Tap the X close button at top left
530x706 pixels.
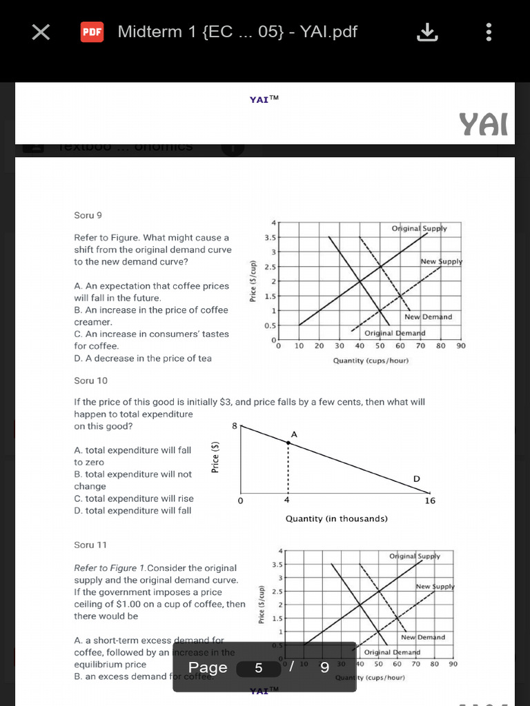click(x=41, y=32)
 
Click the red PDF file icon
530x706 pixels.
click(x=92, y=32)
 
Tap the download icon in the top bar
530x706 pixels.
click(x=428, y=32)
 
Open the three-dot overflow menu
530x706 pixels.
click(x=489, y=32)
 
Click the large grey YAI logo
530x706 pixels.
click(x=484, y=124)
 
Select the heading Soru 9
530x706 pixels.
click(x=88, y=215)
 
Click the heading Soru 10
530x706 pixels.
click(x=90, y=381)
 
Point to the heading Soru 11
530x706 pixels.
click(x=90, y=545)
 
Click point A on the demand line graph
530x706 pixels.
click(x=288, y=442)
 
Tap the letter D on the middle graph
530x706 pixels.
click(x=416, y=478)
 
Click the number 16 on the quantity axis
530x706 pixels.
click(x=430, y=501)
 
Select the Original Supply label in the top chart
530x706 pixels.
click(x=419, y=228)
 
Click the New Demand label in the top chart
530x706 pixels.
click(x=428, y=317)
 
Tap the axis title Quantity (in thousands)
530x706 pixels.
click(x=336, y=518)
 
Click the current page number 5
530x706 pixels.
click(x=259, y=667)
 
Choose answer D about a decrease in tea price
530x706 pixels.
click(x=143, y=359)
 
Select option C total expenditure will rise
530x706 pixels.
click(x=134, y=498)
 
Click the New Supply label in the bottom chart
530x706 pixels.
click(x=435, y=587)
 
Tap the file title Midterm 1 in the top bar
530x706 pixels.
click(x=237, y=32)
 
